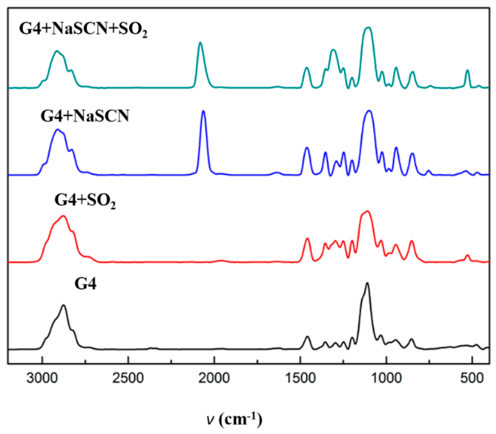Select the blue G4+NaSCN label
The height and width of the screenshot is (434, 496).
pyautogui.click(x=85, y=116)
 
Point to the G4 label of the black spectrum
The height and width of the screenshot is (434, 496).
pyautogui.click(x=85, y=284)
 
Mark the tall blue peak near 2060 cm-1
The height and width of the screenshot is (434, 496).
pyautogui.click(x=203, y=111)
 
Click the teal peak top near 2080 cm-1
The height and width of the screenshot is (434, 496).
pyautogui.click(x=200, y=43)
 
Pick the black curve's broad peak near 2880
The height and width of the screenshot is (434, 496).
pyautogui.click(x=63, y=305)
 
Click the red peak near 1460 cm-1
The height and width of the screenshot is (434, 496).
pyautogui.click(x=307, y=238)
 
